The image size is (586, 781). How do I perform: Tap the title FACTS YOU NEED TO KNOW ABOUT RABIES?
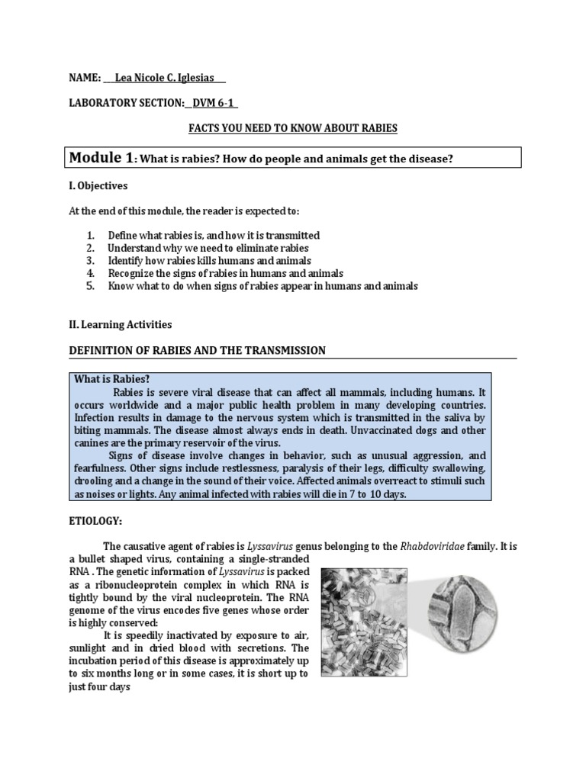[293, 128]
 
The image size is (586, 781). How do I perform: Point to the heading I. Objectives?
[98, 185]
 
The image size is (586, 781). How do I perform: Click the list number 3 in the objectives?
[89, 260]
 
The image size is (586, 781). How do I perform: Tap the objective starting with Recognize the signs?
[225, 272]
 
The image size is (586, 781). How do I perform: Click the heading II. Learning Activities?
[121, 324]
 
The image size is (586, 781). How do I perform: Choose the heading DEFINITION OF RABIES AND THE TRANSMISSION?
[197, 350]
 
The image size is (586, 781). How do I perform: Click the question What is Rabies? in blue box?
[111, 379]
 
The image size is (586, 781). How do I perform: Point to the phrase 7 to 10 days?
[374, 494]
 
